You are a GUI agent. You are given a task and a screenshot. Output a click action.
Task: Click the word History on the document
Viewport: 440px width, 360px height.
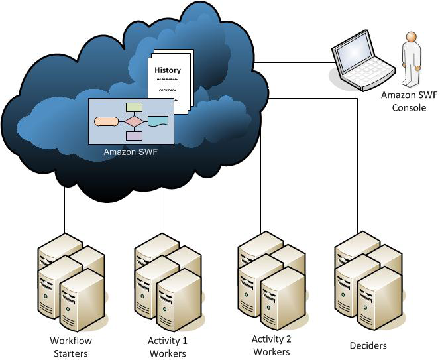coord(168,70)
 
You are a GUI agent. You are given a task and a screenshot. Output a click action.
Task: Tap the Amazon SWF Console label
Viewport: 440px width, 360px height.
coord(409,101)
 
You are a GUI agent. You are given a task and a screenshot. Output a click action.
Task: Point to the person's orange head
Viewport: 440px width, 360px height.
coord(412,38)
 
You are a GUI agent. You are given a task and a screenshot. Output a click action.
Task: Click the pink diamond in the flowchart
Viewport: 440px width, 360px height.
coord(135,121)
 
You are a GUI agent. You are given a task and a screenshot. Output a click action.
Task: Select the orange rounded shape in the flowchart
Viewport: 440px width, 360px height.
coord(106,121)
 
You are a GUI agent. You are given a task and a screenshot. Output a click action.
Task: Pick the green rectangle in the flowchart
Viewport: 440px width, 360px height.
coord(135,107)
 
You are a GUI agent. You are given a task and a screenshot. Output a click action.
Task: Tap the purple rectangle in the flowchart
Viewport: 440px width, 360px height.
coord(134,136)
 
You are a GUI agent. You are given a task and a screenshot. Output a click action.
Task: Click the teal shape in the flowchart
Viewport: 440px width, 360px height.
coord(158,121)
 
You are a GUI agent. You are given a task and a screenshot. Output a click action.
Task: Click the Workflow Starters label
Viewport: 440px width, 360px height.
coord(71,347)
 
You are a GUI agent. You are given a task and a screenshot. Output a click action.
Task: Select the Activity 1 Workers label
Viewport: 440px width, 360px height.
coord(167,347)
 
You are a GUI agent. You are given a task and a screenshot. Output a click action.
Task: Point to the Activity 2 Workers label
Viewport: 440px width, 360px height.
coord(271,345)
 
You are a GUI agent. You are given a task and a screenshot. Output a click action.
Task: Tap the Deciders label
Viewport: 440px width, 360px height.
coord(368,345)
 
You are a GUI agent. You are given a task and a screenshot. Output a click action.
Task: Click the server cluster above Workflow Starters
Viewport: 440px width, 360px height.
coord(71,278)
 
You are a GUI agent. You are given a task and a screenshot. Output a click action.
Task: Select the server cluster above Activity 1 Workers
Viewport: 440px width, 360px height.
coord(168,278)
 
